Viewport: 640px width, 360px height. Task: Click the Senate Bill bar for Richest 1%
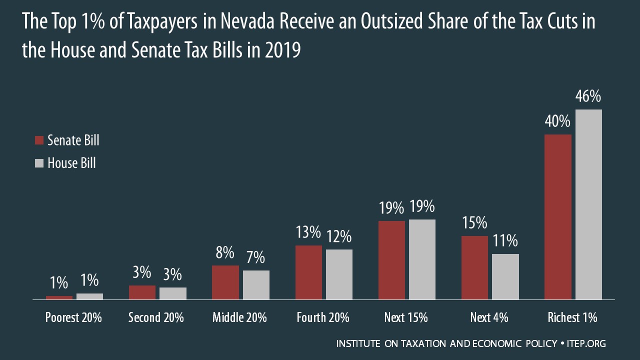coord(557,217)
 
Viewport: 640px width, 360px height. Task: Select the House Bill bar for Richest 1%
coord(588,204)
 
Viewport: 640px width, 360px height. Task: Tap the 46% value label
coord(588,96)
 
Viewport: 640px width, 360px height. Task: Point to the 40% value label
coord(557,121)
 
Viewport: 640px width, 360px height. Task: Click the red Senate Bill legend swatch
coord(39,140)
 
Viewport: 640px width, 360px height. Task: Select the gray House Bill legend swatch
coord(39,163)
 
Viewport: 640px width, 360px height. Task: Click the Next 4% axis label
coord(489,317)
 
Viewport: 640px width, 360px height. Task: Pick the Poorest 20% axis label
coord(73,317)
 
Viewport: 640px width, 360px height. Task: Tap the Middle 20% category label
coord(239,317)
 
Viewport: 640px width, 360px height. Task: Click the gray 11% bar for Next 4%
coord(505,276)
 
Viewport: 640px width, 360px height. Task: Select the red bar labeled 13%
coord(308,272)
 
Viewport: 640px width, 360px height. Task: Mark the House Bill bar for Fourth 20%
coord(339,274)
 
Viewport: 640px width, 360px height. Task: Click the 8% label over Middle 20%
coord(225,253)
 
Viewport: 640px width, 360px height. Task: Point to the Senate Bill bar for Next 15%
coord(391,260)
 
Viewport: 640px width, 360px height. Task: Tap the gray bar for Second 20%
coord(173,293)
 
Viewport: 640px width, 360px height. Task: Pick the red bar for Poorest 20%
coord(59,297)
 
